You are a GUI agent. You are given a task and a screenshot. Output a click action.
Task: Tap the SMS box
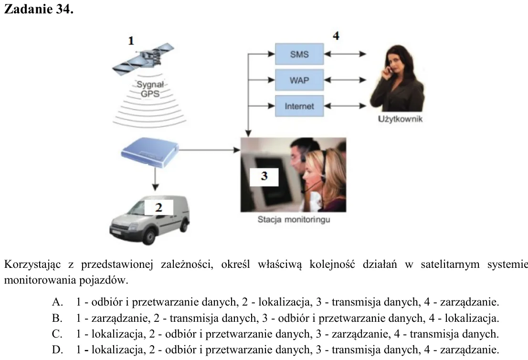point(299,54)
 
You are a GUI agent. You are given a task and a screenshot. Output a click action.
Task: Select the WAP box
point(299,80)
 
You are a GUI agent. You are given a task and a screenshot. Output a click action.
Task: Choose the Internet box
point(299,106)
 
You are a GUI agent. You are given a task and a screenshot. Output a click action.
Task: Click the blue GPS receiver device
point(150,152)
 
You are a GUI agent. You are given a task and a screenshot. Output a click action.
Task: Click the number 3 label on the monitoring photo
point(264,177)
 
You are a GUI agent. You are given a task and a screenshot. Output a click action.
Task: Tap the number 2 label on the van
point(158,207)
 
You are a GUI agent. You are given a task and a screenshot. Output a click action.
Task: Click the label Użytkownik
point(400,119)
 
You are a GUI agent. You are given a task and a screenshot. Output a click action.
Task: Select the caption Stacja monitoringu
point(294,220)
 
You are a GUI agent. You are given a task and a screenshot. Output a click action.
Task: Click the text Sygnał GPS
point(150,89)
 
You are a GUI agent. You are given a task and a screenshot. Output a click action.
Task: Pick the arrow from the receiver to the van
point(155,179)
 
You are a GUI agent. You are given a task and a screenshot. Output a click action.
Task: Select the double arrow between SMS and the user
point(345,54)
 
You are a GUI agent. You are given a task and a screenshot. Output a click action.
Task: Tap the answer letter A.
point(57,302)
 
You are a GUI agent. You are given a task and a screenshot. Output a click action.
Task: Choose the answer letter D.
point(57,350)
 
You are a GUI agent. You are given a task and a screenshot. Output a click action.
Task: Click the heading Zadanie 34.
point(38,9)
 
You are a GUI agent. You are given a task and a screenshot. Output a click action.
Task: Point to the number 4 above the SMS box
point(336,35)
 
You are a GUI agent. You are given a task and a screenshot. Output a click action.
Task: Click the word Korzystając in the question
point(32,265)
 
